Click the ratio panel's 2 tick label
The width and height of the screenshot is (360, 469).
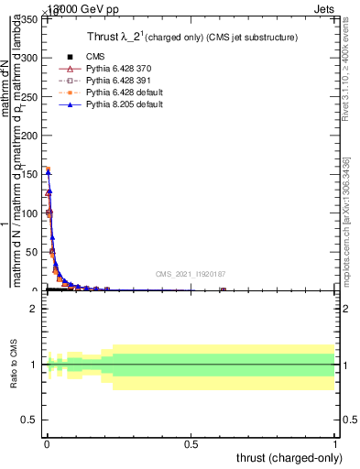coord(34,309)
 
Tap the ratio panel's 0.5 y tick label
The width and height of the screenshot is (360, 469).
coord(30,421)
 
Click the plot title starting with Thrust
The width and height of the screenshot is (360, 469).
coord(191,37)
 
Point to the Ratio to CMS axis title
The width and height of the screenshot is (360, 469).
coord(14,365)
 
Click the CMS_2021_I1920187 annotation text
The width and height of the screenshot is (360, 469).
coord(190,274)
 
